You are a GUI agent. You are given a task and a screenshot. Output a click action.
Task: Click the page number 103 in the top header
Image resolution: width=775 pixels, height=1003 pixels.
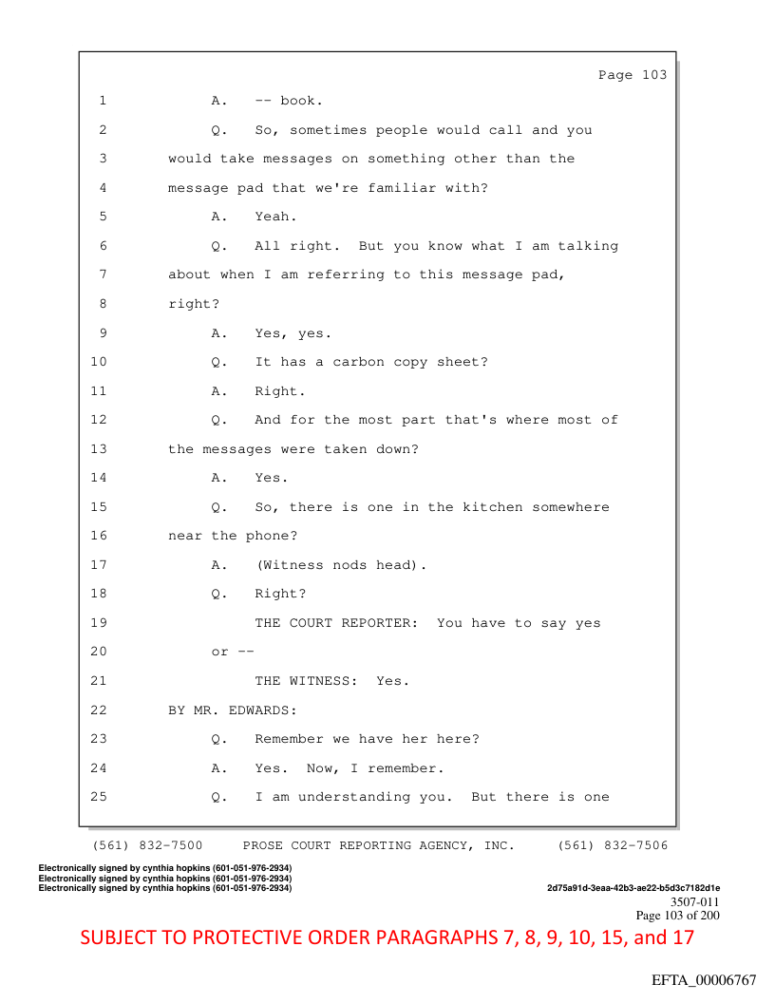coord(654,75)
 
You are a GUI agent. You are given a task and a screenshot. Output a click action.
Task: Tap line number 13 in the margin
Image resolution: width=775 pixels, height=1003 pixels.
coord(99,449)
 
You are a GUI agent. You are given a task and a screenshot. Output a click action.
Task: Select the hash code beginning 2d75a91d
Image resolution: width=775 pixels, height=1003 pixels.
coord(633,888)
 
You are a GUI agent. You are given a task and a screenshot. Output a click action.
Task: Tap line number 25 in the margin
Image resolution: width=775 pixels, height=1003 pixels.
coord(99,797)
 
